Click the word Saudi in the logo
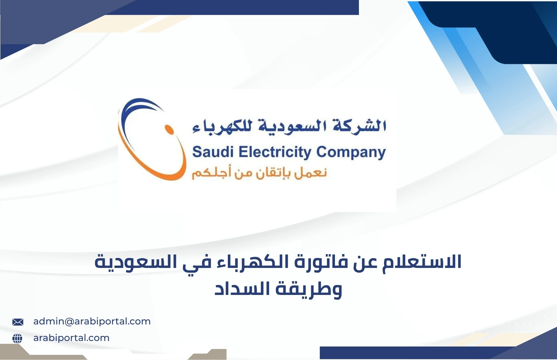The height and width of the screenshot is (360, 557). (x=213, y=152)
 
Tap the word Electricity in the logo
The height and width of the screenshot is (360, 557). (x=275, y=152)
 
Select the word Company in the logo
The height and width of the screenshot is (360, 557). (x=351, y=152)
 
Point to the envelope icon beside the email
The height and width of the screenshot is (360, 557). (x=18, y=322)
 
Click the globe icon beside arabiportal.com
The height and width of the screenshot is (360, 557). (x=17, y=338)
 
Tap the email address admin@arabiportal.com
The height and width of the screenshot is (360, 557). (x=92, y=321)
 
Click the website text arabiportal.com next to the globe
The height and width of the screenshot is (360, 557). (x=71, y=338)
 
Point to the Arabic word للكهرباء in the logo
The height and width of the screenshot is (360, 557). (x=222, y=127)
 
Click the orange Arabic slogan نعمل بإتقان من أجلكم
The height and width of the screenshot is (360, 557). (x=259, y=173)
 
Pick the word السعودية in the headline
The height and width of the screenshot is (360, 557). (x=135, y=262)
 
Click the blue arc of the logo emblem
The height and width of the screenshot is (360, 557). (x=130, y=110)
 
